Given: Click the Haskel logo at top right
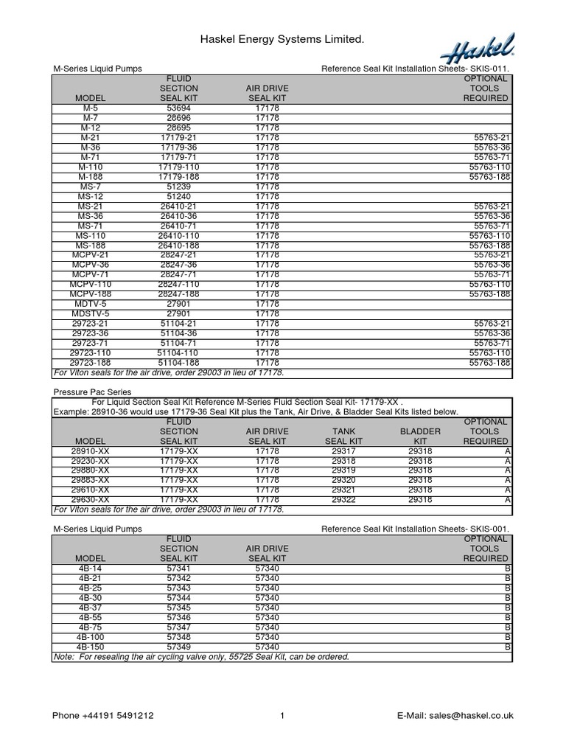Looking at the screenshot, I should click(477, 51).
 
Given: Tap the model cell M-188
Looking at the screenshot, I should click(91, 177).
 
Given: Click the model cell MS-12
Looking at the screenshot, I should click(91, 197).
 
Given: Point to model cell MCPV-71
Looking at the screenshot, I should click(91, 274).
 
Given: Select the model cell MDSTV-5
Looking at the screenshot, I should click(91, 313).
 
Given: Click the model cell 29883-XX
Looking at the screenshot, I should click(91, 480).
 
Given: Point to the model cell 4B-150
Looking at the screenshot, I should click(91, 646).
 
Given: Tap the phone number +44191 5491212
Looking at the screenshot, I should click(103, 715).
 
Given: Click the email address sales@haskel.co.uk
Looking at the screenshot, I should click(455, 715).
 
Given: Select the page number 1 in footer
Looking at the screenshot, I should click(282, 715).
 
